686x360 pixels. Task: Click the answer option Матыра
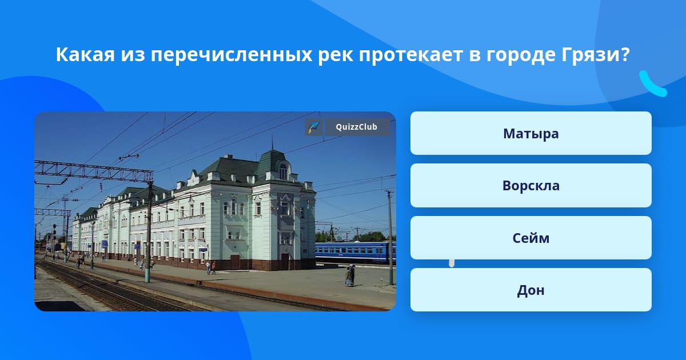pyautogui.click(x=531, y=133)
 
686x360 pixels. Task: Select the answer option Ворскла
pyautogui.click(x=531, y=186)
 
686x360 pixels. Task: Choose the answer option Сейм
pyautogui.click(x=531, y=238)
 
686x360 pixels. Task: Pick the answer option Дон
pyautogui.click(x=531, y=290)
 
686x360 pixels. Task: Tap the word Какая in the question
pyautogui.click(x=85, y=55)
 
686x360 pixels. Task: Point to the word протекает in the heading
pyautogui.click(x=410, y=55)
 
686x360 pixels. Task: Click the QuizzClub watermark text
pyautogui.click(x=356, y=127)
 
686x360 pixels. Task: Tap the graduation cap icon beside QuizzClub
pyautogui.click(x=313, y=127)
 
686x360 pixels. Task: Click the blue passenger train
pyautogui.click(x=355, y=252)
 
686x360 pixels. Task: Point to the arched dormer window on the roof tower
pyautogui.click(x=284, y=171)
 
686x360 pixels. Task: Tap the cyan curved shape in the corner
pyautogui.click(x=652, y=84)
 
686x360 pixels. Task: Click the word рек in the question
pyautogui.click(x=336, y=55)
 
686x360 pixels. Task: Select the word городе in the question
pyautogui.click(x=521, y=55)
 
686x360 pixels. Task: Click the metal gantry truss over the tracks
pyautogui.click(x=93, y=171)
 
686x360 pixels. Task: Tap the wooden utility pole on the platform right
pyautogui.click(x=390, y=238)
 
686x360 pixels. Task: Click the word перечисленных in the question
pyautogui.click(x=232, y=55)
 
